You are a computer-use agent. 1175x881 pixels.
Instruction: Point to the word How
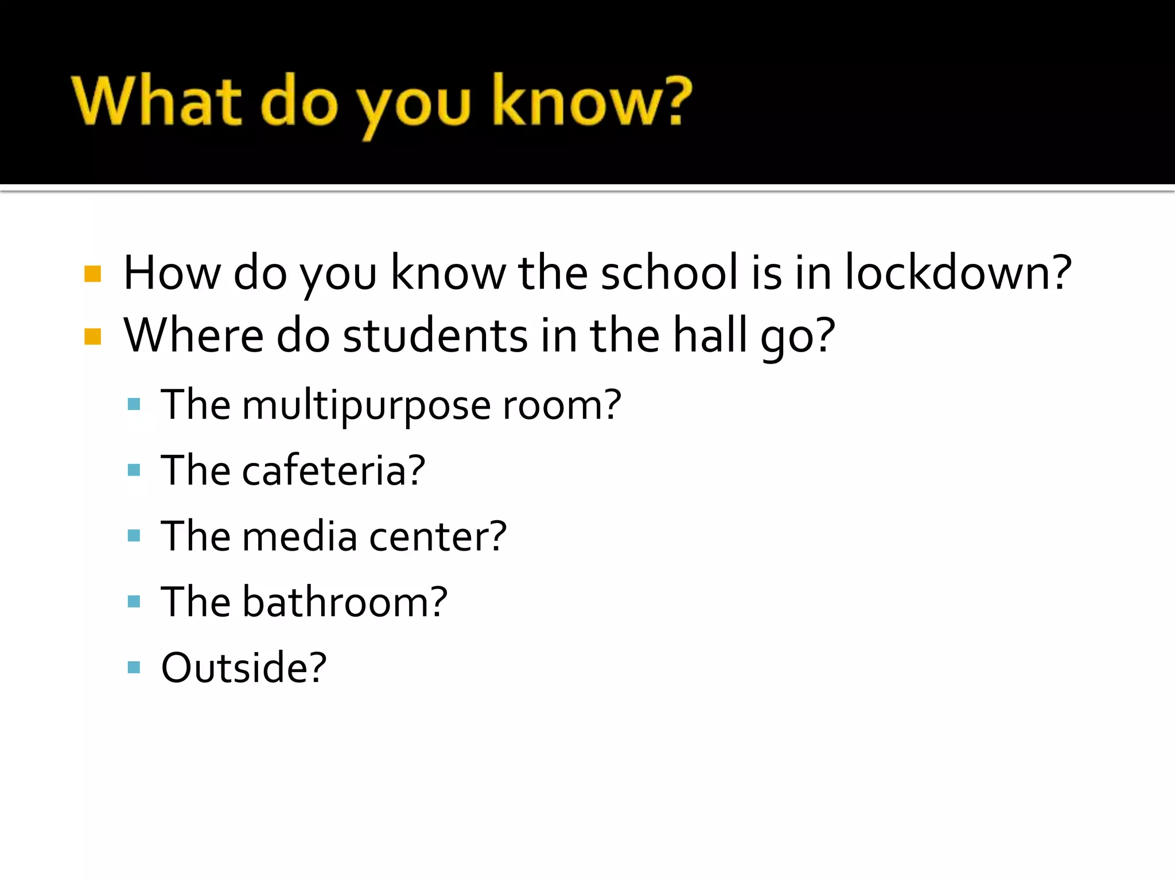coord(172,273)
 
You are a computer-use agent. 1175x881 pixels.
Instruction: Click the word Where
coord(193,336)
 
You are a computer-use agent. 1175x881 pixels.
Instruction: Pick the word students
coord(435,336)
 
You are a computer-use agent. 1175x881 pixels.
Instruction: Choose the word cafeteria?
coord(333,471)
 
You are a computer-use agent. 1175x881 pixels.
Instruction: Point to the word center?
coord(438,537)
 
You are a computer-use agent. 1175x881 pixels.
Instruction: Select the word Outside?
coord(243,668)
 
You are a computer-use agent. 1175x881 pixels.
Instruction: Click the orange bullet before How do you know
coord(92,274)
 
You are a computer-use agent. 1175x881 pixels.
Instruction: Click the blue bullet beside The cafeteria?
coord(134,471)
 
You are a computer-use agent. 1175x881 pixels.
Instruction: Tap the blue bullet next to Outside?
coord(134,667)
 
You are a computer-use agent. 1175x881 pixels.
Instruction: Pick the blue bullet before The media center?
coord(134,536)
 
